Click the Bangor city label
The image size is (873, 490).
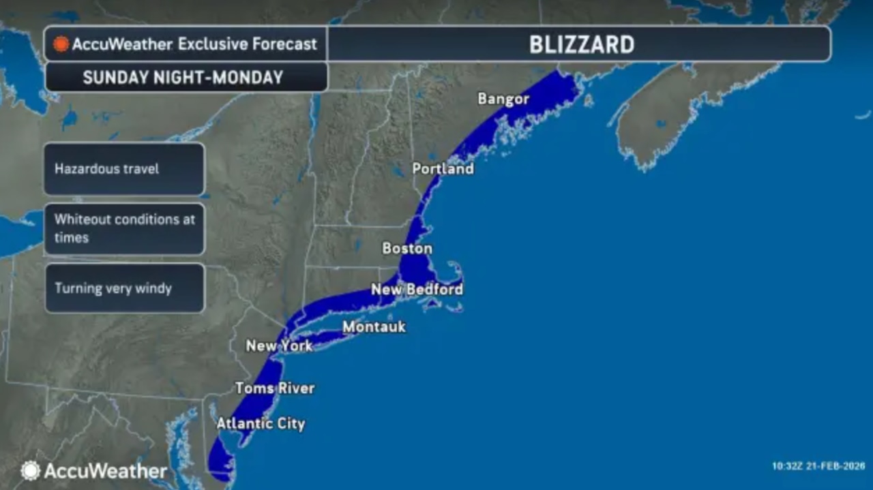503,99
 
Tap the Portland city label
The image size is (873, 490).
443,168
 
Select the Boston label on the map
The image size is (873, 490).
407,249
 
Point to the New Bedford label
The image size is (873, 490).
417,290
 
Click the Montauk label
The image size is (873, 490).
374,327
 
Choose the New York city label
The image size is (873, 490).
279,346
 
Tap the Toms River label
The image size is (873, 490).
275,388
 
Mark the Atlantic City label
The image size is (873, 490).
261,424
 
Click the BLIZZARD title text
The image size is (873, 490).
582,44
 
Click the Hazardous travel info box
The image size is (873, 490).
124,168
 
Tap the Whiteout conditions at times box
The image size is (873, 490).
124,228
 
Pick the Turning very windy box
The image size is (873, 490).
124,288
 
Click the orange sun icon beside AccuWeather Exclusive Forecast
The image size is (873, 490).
61,44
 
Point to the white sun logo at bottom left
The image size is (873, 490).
30,470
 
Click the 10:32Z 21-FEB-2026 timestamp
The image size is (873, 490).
818,467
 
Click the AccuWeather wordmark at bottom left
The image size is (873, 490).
106,471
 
